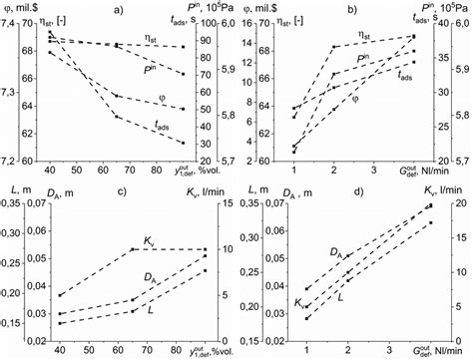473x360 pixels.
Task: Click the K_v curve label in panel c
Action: (x=150, y=240)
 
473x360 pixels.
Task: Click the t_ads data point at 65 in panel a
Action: (x=118, y=117)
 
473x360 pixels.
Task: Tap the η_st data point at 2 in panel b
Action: (x=333, y=47)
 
